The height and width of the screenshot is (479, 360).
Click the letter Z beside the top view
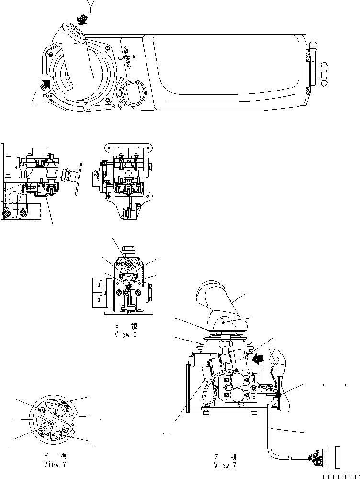34,99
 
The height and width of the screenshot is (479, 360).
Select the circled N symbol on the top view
127,57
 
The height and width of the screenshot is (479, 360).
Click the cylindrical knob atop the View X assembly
128,249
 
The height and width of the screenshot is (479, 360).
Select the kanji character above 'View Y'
63,456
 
